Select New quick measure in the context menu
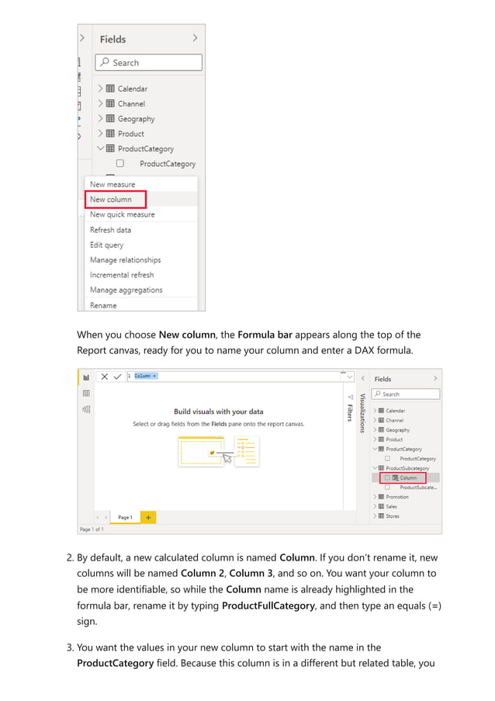[122, 214]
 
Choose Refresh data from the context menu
[110, 230]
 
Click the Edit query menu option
[106, 245]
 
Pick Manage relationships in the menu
[125, 260]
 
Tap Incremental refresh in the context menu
[122, 275]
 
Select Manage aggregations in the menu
[126, 290]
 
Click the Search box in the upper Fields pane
[149, 63]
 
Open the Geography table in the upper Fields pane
[136, 119]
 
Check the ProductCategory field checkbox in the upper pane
[120, 164]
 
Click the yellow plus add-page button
[147, 517]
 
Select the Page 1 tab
[124, 517]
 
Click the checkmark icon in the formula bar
[117, 377]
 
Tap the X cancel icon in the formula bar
[104, 377]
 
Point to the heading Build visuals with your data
[218, 411]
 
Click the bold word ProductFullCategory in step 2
[268, 606]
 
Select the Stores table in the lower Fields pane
[393, 516]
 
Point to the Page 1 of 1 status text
[92, 529]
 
